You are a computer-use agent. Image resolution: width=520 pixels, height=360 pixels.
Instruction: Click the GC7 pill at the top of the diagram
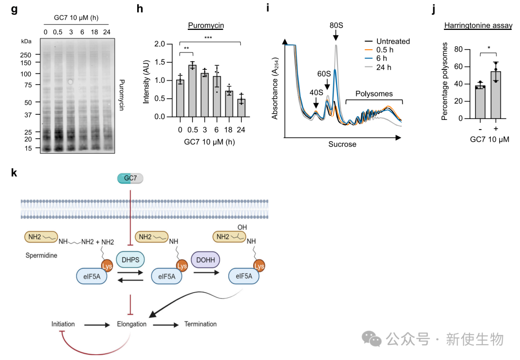(130, 179)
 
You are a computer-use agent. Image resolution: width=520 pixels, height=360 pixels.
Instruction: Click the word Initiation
(63, 324)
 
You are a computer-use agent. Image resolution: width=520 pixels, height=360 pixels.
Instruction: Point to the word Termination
(200, 324)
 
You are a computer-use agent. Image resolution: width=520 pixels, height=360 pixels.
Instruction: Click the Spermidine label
(41, 255)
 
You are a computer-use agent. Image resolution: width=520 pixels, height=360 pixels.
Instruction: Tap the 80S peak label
(336, 25)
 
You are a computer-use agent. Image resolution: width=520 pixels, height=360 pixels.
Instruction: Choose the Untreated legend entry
(393, 41)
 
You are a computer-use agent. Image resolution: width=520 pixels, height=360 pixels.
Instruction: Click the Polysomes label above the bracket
(374, 93)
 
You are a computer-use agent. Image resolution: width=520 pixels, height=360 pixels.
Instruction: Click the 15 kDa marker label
(28, 148)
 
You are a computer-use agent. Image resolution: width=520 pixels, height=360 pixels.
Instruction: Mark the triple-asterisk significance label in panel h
(208, 38)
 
